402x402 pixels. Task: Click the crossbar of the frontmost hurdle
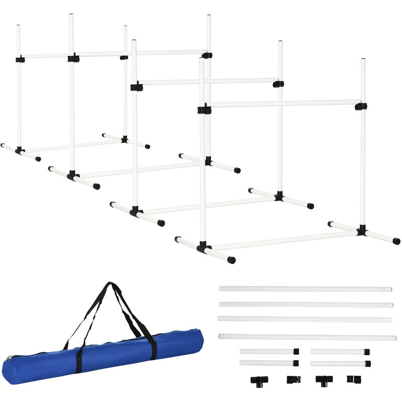coord(284,104)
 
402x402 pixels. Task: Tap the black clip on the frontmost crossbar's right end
coord(360,106)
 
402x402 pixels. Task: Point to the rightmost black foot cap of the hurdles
coord(396,241)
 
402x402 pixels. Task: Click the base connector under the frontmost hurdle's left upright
coord(203,247)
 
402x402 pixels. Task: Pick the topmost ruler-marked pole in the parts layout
coord(305,289)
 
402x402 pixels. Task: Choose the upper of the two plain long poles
coord(305,319)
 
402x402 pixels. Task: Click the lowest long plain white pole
coord(307,337)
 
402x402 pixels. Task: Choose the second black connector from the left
coord(293,379)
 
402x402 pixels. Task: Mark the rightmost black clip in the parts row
coord(353,379)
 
